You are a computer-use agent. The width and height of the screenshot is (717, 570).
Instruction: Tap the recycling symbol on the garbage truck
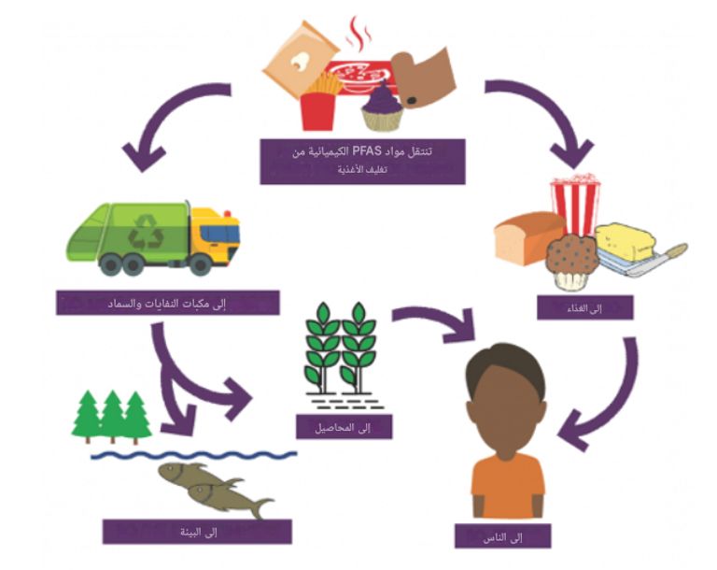click(146, 232)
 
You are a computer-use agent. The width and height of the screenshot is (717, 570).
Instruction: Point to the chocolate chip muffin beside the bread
click(570, 261)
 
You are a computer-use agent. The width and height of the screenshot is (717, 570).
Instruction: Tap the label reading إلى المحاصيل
click(344, 426)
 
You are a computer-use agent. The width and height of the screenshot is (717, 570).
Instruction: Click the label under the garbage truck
click(168, 302)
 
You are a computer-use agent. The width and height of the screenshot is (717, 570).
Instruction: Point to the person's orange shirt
click(507, 485)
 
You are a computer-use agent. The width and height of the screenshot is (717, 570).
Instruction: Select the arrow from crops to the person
click(438, 322)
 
